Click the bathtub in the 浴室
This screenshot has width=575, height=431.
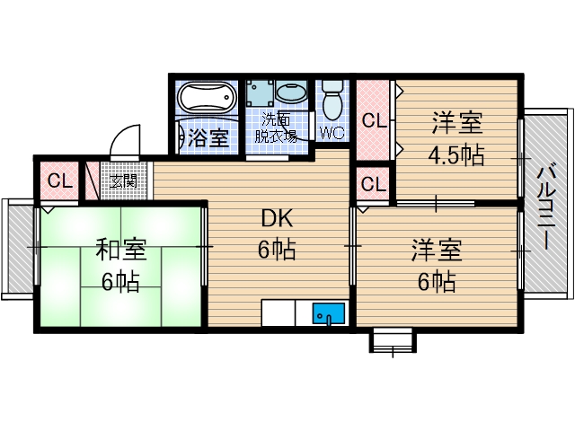(x=206, y=98)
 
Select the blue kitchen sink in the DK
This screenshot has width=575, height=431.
(x=329, y=314)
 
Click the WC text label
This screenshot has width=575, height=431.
(x=333, y=134)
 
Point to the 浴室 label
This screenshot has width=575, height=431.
(x=209, y=138)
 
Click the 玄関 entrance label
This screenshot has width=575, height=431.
(x=123, y=180)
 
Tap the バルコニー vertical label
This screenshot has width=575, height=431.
(x=546, y=207)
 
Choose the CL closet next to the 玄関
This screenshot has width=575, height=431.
(x=59, y=180)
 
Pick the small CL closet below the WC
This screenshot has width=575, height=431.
(x=374, y=185)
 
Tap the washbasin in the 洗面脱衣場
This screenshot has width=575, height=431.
(x=290, y=92)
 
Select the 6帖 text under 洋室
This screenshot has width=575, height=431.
(x=437, y=282)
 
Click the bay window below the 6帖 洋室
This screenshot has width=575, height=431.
(x=393, y=340)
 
